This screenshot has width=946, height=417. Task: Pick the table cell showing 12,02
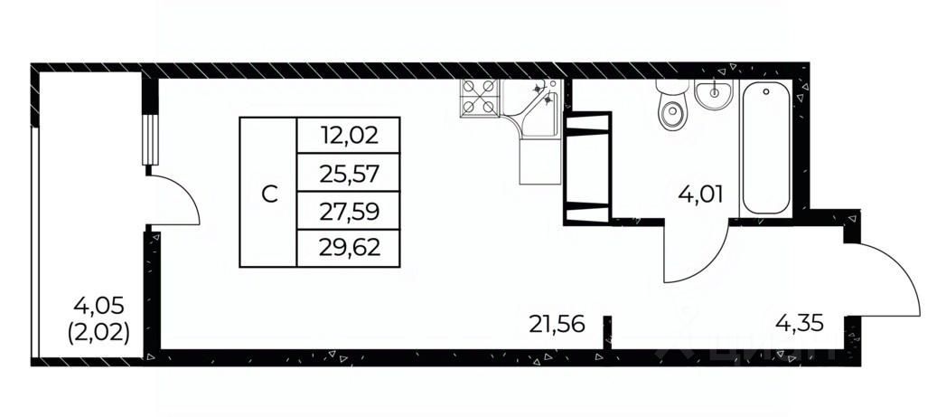pyautogui.click(x=348, y=136)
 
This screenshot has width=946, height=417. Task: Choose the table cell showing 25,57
pyautogui.click(x=348, y=173)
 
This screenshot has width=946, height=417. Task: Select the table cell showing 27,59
pyautogui.click(x=348, y=211)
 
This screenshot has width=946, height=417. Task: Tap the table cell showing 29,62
pyautogui.click(x=348, y=248)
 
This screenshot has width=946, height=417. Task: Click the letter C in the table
pyautogui.click(x=268, y=193)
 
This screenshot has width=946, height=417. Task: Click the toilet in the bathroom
pyautogui.click(x=672, y=109)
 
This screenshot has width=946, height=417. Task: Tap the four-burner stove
pyautogui.click(x=479, y=96)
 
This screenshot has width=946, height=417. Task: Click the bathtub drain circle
pyautogui.click(x=766, y=91)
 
